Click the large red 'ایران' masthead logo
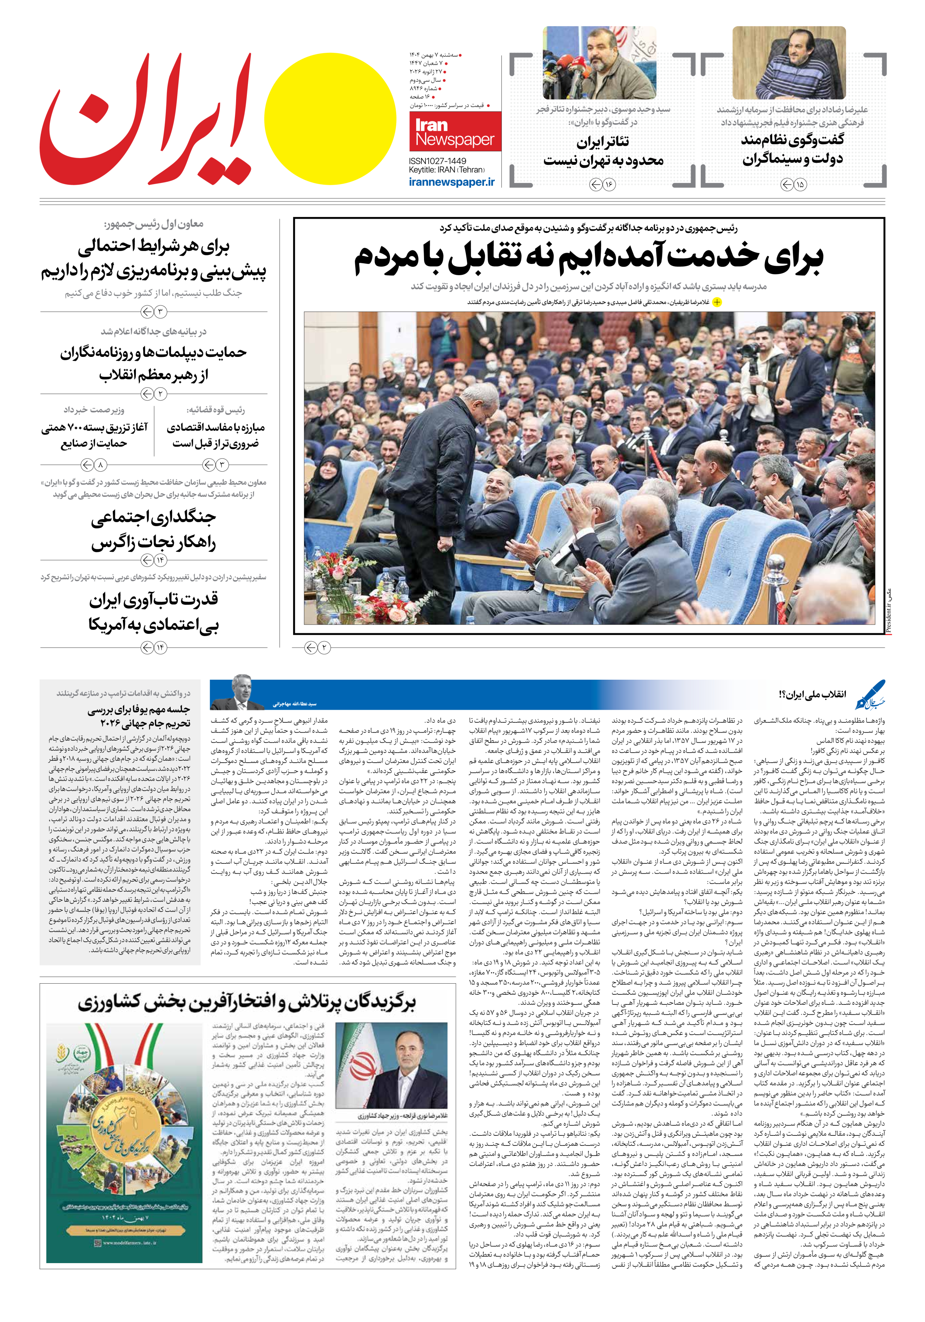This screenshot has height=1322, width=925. point(147,121)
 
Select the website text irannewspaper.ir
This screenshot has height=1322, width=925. point(451,182)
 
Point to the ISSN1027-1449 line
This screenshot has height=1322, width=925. point(437,161)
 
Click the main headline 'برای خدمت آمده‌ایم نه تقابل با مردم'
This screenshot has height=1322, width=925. point(588,257)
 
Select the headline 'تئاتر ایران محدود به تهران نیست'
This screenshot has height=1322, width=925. point(603,151)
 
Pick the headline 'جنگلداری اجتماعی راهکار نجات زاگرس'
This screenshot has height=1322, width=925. point(154,530)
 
